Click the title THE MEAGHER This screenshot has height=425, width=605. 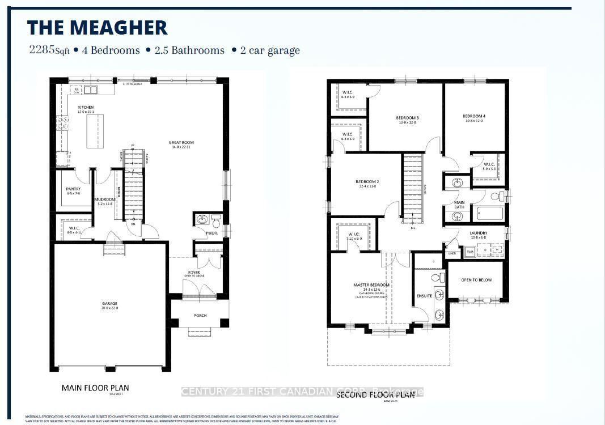click(x=98, y=27)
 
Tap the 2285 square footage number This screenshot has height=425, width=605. click(x=41, y=50)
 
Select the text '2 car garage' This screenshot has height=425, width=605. click(x=269, y=50)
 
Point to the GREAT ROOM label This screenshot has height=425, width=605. click(x=181, y=142)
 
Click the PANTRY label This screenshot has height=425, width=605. click(x=73, y=189)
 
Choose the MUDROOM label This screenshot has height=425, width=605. click(x=105, y=199)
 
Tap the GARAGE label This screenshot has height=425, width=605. click(x=110, y=303)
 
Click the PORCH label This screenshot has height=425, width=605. click(x=200, y=316)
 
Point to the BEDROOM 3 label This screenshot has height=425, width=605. click(x=407, y=118)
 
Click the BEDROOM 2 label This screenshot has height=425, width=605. click(x=367, y=182)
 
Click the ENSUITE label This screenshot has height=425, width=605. click(x=425, y=295)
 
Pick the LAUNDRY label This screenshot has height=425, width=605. click(x=478, y=233)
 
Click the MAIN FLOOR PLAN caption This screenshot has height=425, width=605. click(x=95, y=388)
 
